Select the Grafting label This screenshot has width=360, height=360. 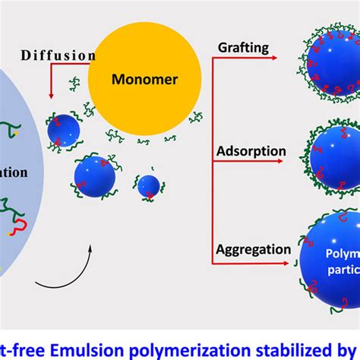242,48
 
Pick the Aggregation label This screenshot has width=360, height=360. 253,248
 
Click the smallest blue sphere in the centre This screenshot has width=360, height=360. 149,186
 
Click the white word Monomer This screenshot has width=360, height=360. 145,77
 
